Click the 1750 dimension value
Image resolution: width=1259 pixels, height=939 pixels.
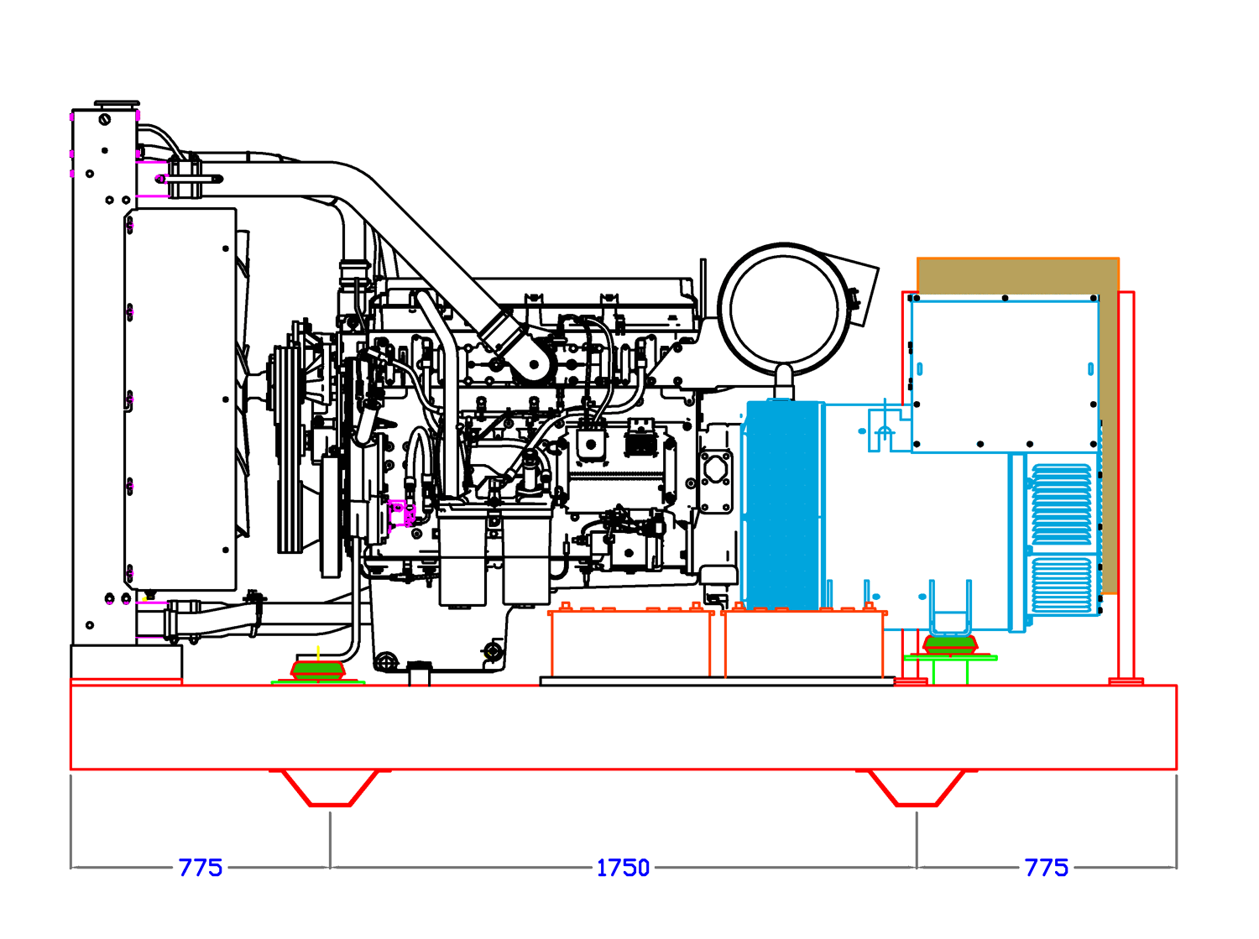623,868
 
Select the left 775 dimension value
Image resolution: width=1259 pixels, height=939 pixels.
200,868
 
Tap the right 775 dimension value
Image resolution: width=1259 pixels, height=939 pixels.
1046,868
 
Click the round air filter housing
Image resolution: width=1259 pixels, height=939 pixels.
785,309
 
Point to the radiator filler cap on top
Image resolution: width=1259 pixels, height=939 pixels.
117,104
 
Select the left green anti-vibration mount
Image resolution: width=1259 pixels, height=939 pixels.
318,671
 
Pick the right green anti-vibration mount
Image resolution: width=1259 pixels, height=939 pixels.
950,646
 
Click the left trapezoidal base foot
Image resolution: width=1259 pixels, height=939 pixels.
330,789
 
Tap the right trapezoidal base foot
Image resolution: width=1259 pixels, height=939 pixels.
917,789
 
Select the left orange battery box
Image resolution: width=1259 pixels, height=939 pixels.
629,644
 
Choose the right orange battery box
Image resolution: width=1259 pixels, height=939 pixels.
803,644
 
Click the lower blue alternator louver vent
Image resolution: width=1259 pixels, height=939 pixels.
1062,585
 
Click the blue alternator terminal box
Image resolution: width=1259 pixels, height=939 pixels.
1004,375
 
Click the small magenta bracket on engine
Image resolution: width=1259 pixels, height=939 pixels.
400,511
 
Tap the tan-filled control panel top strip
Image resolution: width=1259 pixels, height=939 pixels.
1017,274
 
